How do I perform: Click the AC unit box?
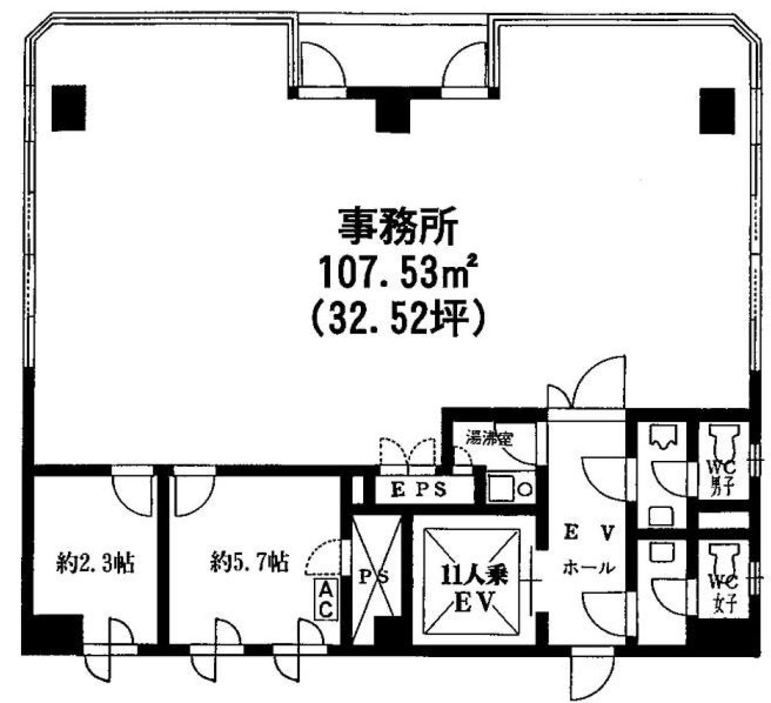click(x=326, y=599)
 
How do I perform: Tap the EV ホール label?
click(x=590, y=550)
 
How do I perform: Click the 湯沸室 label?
click(x=489, y=439)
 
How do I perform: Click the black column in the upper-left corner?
click(x=69, y=108)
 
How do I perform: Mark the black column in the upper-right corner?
click(x=717, y=111)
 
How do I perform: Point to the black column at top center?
click(x=393, y=114)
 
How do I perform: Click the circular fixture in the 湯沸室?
click(x=525, y=490)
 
